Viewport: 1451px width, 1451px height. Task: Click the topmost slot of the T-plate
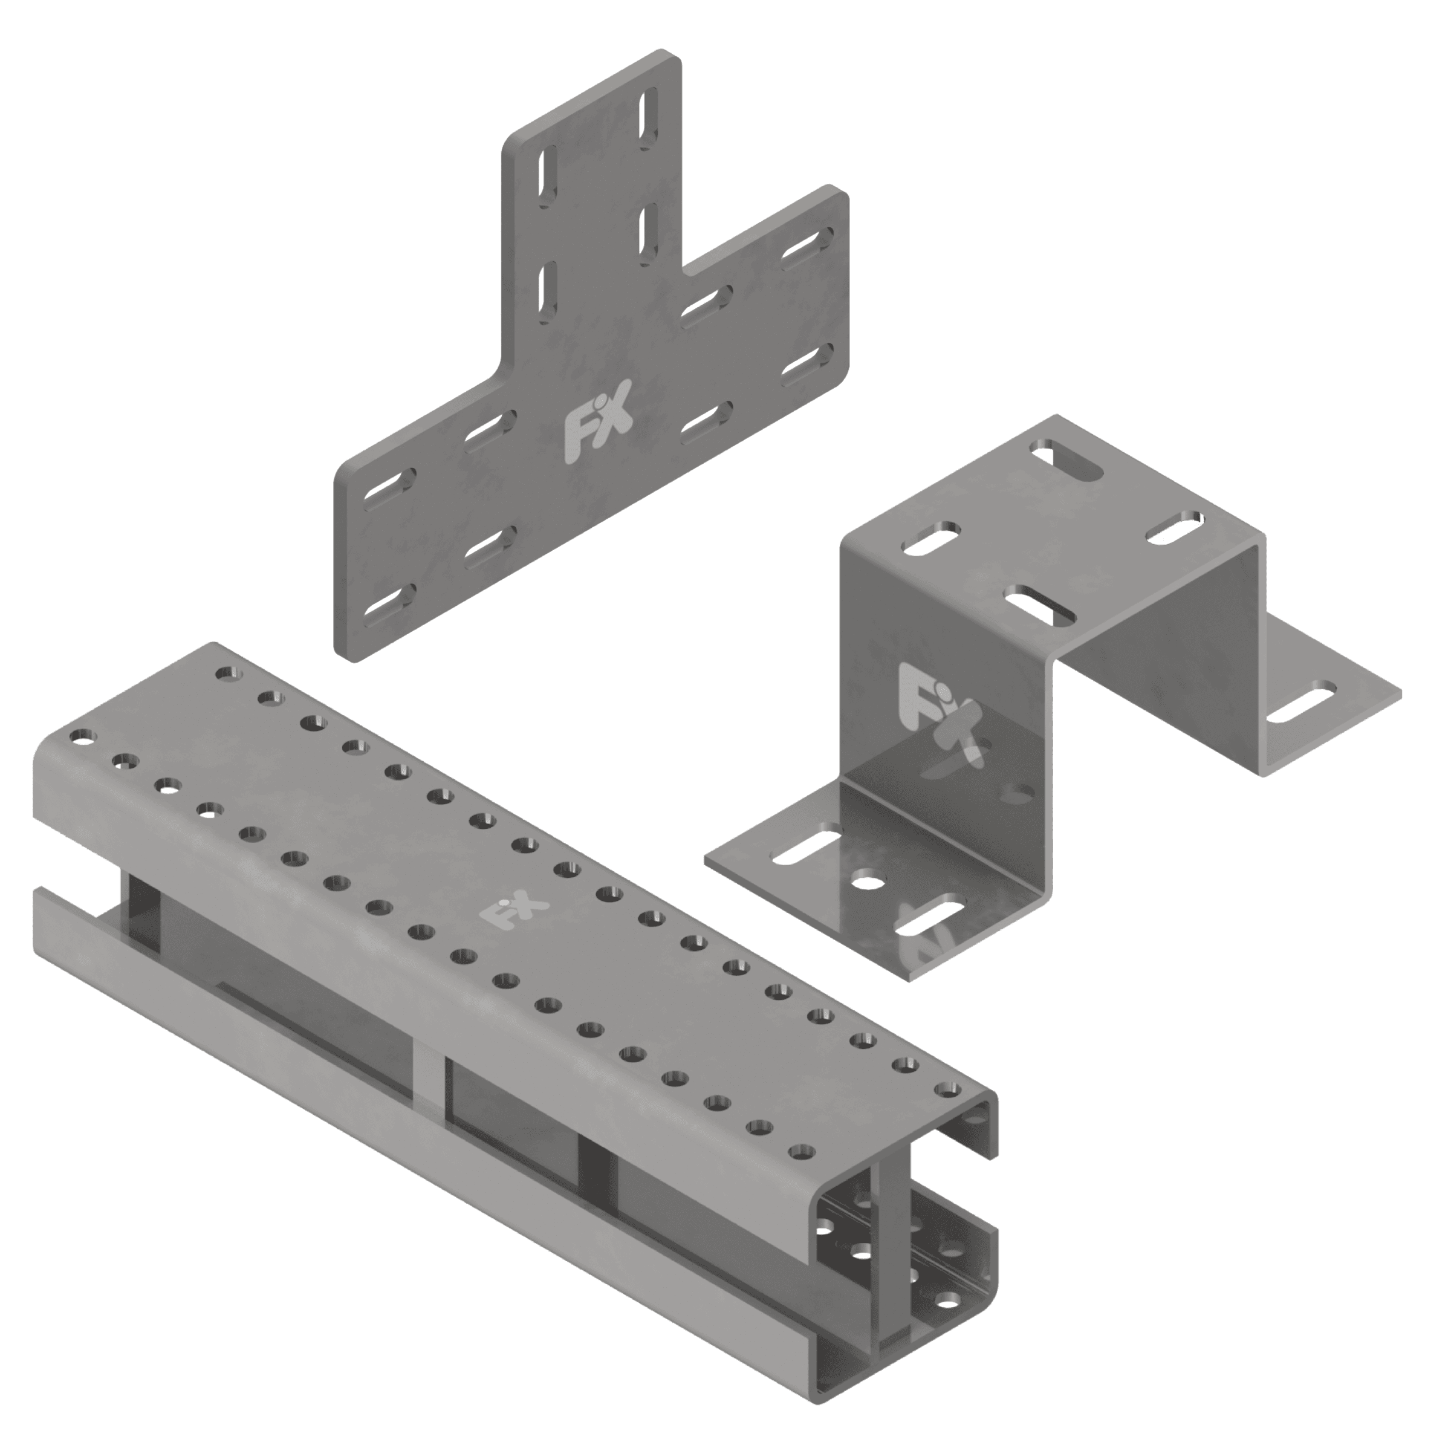(x=647, y=121)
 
